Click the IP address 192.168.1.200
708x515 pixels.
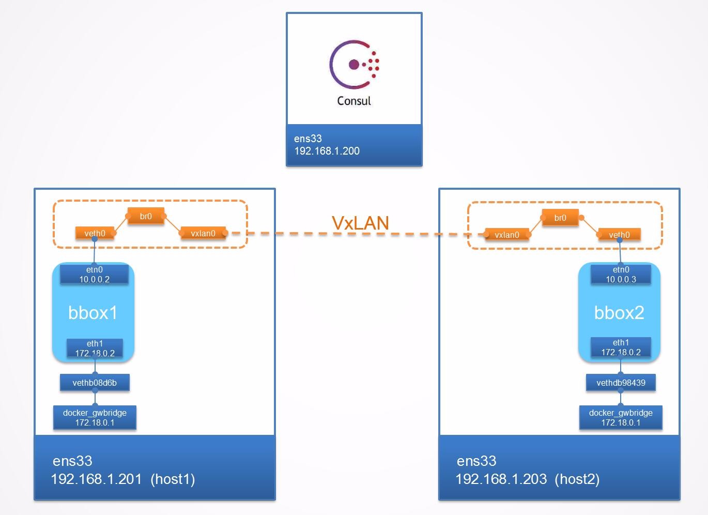coord(327,151)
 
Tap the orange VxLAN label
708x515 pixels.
coord(360,223)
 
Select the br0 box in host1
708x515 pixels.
coord(146,216)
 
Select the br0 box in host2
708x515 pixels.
coord(560,218)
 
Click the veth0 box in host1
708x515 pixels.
coord(95,233)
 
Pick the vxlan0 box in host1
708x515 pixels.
coord(203,233)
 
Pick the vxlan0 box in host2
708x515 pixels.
coord(507,235)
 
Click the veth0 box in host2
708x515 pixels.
coord(619,235)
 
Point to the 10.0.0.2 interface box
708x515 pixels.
coord(95,275)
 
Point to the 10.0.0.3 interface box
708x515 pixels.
coord(621,275)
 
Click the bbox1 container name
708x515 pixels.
coord(93,313)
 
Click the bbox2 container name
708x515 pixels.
coord(619,313)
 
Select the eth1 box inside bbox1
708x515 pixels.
coord(95,348)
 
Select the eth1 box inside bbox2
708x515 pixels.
coord(621,347)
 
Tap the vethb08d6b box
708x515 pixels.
coord(95,383)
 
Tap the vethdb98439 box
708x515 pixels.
coord(621,383)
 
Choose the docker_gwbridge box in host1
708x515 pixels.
coord(95,418)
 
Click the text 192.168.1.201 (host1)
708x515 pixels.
coord(123,479)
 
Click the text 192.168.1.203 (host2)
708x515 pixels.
coord(527,479)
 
